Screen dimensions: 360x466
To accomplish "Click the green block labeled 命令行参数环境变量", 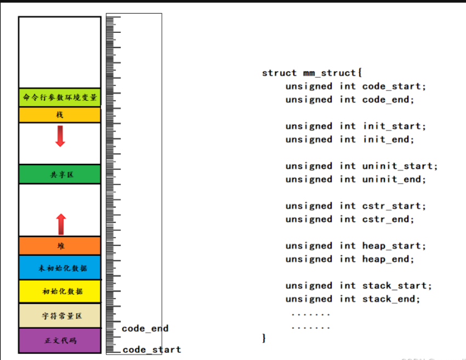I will (x=60, y=98).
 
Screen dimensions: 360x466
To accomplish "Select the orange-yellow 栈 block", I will (x=60, y=115).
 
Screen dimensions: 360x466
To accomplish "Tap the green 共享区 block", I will (x=60, y=174).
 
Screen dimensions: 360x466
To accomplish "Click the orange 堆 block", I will (x=60, y=246).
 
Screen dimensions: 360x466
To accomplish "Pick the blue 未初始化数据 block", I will (x=60, y=268).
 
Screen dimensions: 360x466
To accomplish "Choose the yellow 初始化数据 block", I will (x=60, y=292).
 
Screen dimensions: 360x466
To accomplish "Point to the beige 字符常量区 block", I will (x=60, y=316).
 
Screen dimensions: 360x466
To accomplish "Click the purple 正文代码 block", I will (x=60, y=341).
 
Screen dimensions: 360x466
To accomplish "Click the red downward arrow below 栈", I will (x=60, y=136).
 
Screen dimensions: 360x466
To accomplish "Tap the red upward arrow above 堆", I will (x=61, y=224).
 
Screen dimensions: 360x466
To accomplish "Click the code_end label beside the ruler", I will (x=145, y=329).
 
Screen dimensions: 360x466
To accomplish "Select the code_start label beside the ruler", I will (x=151, y=350).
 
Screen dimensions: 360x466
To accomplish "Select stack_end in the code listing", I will (x=391, y=299).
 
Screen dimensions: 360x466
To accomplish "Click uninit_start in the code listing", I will (x=400, y=166).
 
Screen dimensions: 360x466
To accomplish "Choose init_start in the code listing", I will (x=394, y=126).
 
